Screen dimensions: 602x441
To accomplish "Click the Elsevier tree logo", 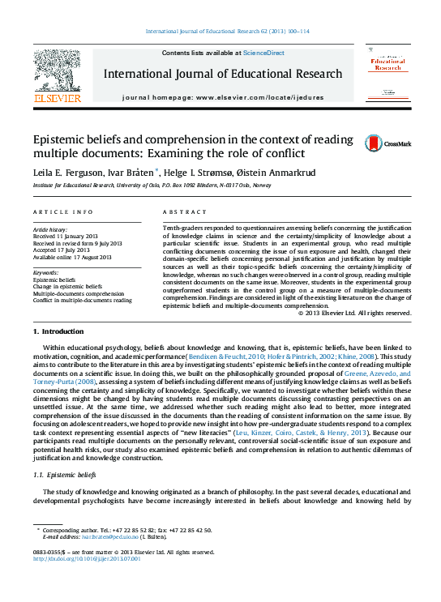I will tap(58, 72).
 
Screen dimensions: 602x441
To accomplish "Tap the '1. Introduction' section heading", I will tap(58, 332).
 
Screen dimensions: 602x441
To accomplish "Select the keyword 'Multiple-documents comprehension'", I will tap(79, 292).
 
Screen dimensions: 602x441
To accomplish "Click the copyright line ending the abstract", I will tap(334, 313).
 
